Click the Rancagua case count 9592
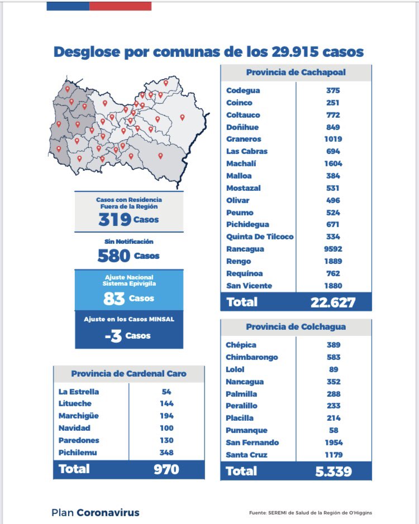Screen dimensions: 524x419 point(334,249)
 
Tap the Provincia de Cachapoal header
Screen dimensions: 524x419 point(296,73)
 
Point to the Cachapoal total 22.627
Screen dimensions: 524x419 point(333,302)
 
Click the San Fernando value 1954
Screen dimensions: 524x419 point(334,443)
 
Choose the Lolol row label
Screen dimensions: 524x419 point(235,369)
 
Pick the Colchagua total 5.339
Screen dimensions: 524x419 point(333,472)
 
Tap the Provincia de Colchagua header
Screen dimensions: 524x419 point(296,326)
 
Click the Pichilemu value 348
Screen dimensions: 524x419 point(166,453)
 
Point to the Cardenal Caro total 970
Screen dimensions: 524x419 point(166,469)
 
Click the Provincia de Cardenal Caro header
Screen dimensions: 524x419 point(128,374)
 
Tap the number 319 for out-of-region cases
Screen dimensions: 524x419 point(115,220)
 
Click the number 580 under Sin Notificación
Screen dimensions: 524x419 point(114,256)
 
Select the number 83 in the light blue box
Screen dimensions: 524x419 point(114,299)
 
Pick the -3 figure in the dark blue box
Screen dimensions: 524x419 point(113,336)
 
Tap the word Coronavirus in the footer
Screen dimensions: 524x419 point(108,512)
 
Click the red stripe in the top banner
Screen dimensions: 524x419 point(120,6)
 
